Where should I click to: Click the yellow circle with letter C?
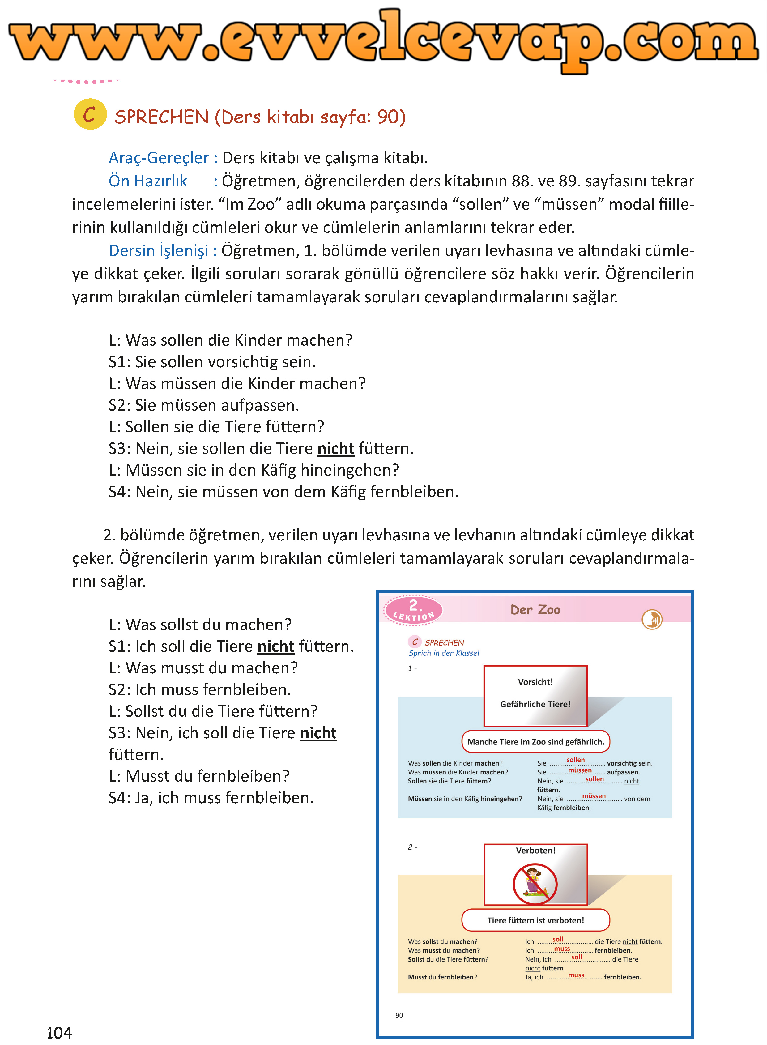coord(90,114)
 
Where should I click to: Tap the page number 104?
coord(59,1032)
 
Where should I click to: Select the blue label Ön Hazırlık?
coord(148,181)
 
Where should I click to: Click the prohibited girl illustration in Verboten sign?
coord(535,883)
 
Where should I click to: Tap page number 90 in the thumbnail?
coord(399,1015)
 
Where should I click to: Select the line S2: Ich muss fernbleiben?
coord(200,689)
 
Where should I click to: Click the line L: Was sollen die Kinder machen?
coord(230,340)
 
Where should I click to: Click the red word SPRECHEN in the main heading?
coord(162,117)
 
